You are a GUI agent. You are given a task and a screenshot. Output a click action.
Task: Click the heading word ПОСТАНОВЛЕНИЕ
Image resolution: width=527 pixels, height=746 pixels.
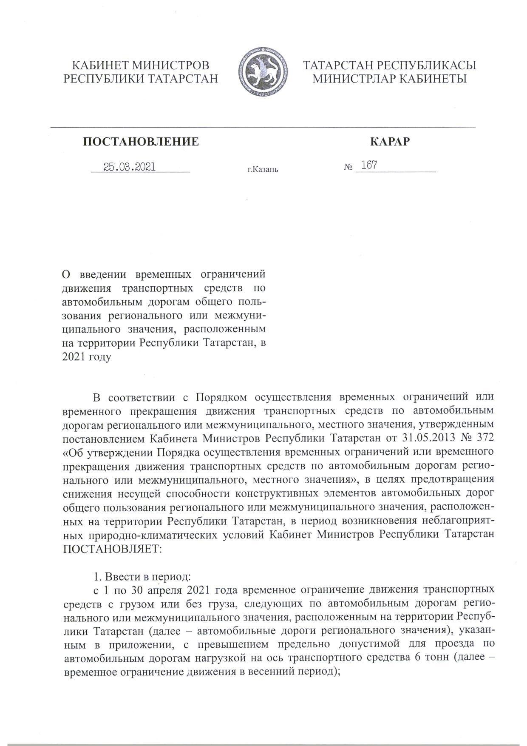pyautogui.click(x=141, y=142)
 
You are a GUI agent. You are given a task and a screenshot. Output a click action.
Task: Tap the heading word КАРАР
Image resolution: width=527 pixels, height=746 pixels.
pyautogui.click(x=390, y=142)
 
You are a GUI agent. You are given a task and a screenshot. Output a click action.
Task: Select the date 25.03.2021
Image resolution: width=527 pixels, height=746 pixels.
pyautogui.click(x=130, y=167)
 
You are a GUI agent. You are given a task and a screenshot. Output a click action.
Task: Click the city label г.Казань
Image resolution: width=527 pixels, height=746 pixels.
pyautogui.click(x=263, y=170)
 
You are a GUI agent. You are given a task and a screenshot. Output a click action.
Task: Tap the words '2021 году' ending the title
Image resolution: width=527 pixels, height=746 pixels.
pyautogui.click(x=86, y=356)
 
